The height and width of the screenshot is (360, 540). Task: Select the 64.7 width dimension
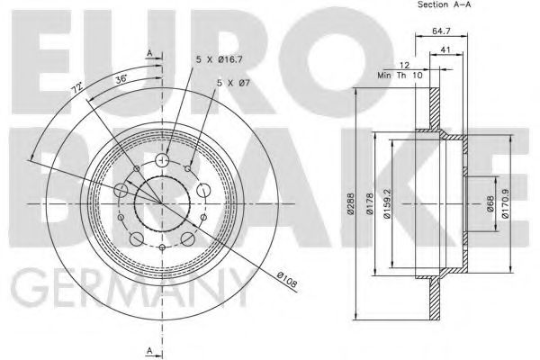click(x=442, y=31)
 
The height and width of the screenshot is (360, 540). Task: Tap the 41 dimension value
click(x=446, y=51)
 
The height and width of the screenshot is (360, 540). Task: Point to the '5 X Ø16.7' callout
click(x=219, y=61)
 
